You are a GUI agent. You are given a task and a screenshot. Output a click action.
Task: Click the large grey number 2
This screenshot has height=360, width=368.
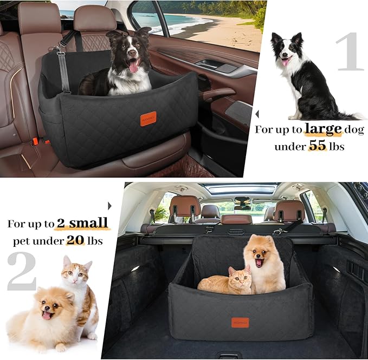[22, 271]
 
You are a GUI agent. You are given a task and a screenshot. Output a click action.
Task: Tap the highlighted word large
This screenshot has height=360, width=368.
[323, 129]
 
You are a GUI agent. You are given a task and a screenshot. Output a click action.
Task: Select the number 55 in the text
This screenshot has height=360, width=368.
[318, 146]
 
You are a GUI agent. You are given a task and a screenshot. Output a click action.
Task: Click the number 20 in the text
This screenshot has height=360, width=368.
[75, 240]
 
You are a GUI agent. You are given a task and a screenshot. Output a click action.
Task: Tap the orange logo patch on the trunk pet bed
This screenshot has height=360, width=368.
[240, 322]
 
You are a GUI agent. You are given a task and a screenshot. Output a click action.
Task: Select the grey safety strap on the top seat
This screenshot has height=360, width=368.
[63, 70]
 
